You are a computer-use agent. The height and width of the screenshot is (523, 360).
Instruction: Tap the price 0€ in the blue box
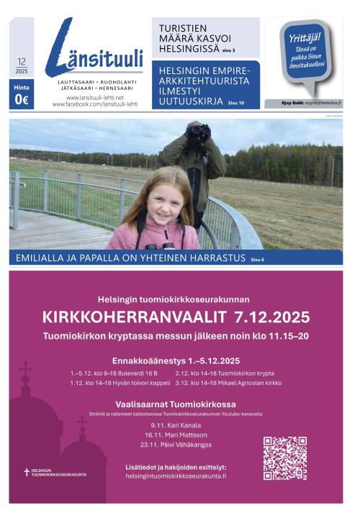[x=21, y=100]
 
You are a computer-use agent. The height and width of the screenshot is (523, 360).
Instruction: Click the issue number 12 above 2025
[x=21, y=63]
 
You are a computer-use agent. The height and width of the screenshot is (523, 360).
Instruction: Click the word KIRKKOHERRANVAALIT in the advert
[x=135, y=317]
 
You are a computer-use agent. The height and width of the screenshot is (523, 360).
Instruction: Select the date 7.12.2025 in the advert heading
[x=271, y=317]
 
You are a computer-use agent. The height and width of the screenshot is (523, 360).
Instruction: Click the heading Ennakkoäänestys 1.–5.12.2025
[x=176, y=360]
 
